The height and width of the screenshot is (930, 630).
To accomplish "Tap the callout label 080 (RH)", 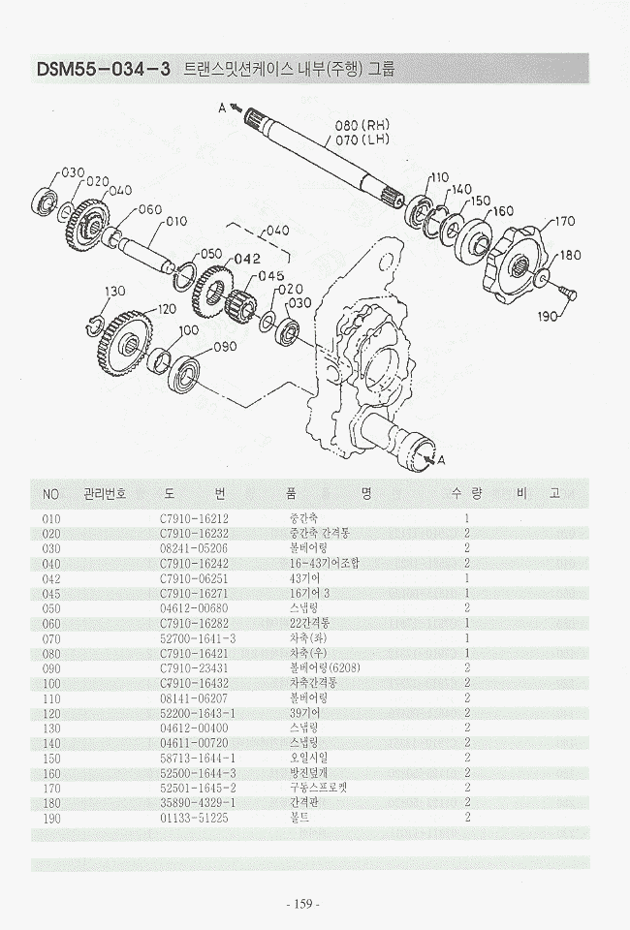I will coord(361,126).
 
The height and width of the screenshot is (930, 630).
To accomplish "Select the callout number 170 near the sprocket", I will coord(563,222).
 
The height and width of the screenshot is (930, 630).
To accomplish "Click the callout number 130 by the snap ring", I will coord(115,292).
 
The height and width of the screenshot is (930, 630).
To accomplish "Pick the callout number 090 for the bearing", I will coord(225,347).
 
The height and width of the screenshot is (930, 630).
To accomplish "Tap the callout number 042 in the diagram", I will coord(247,259).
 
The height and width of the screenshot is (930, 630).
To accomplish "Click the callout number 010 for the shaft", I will coord(176,221).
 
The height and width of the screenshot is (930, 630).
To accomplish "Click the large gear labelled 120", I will coord(122,344).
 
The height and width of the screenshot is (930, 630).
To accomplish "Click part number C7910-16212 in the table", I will coord(194,518).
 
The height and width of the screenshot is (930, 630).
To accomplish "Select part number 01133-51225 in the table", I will coord(194,817).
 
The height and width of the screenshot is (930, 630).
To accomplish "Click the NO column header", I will coord(51,494).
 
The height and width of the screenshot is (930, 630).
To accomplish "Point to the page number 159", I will coord(303,904).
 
